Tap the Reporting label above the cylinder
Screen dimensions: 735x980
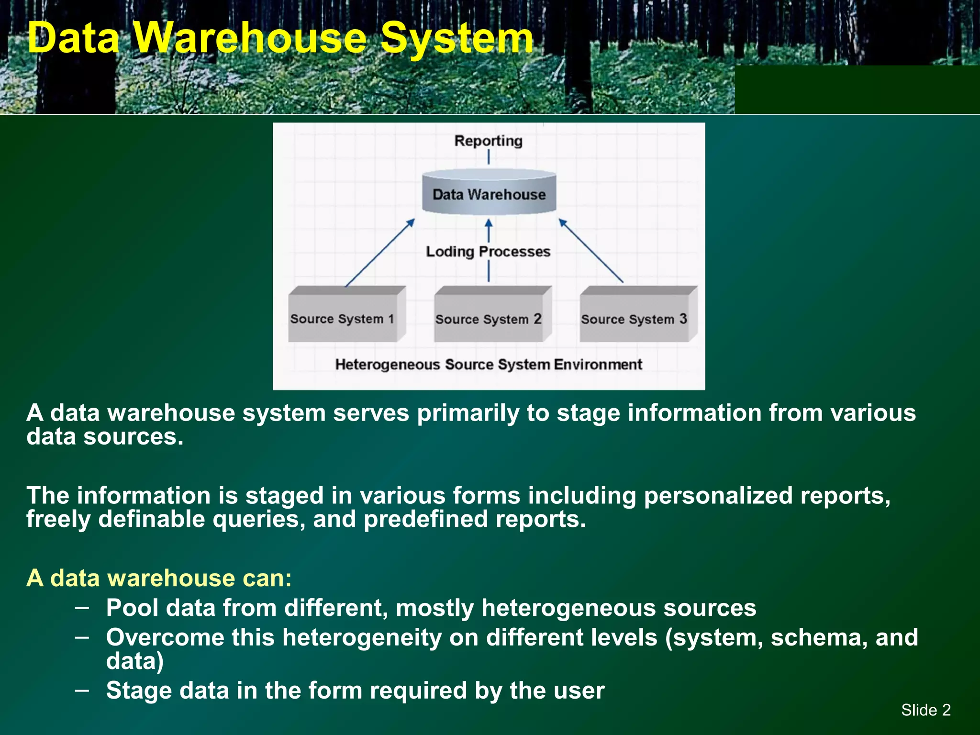click(x=488, y=141)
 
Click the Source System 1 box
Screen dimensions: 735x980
click(x=343, y=318)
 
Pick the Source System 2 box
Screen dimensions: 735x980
click(x=488, y=319)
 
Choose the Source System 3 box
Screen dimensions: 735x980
click(x=634, y=319)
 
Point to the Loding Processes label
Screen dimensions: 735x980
click(x=488, y=252)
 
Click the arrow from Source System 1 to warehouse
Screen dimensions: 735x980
click(x=379, y=253)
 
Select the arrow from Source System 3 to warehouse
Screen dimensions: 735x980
click(x=591, y=251)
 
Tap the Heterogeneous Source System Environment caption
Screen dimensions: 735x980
click(x=488, y=365)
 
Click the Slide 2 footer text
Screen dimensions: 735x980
click(x=925, y=710)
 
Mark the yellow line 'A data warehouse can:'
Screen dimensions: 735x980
click(x=159, y=578)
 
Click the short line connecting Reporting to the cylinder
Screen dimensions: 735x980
click(x=489, y=157)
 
